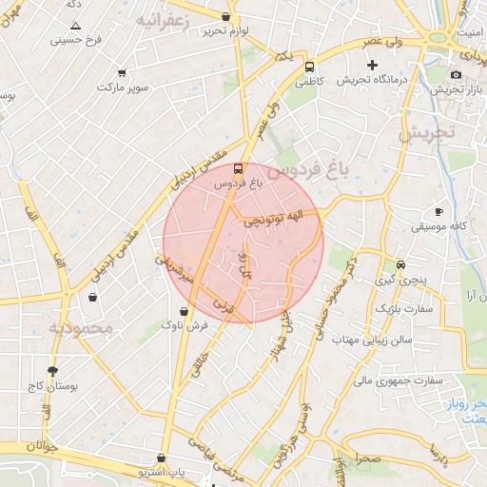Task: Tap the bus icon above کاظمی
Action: pyautogui.click(x=309, y=68)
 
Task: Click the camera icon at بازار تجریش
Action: pyautogui.click(x=456, y=74)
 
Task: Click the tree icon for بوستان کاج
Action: pyautogui.click(x=51, y=372)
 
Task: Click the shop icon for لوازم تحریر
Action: pyautogui.click(x=225, y=16)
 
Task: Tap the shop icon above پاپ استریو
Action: pyautogui.click(x=162, y=458)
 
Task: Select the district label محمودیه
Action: pyautogui.click(x=81, y=328)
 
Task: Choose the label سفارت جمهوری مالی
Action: pyautogui.click(x=399, y=380)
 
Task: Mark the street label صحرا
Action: pyautogui.click(x=369, y=458)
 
